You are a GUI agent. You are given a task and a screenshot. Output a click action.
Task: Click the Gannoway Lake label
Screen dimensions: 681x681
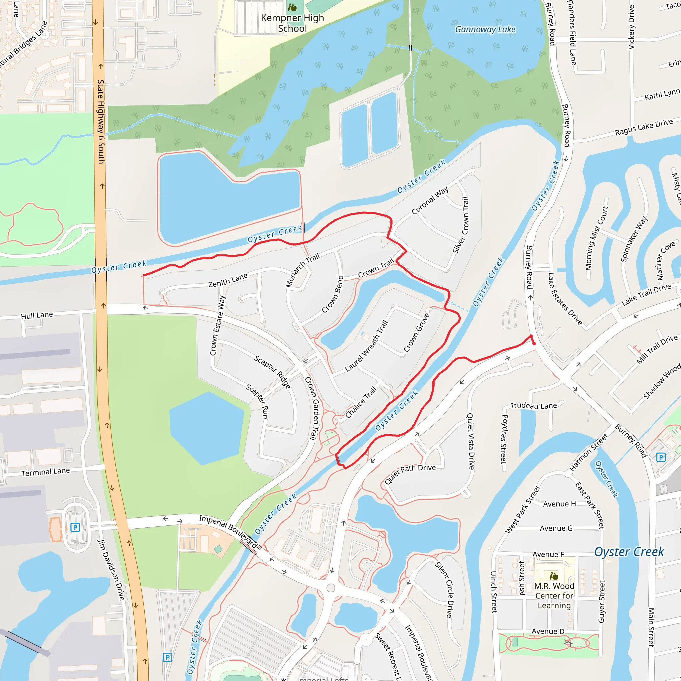[x=485, y=30]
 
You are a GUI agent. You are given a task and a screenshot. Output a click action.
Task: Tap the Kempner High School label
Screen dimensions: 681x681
[x=292, y=23]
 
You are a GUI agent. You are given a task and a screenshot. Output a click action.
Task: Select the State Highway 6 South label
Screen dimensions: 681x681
[x=101, y=122]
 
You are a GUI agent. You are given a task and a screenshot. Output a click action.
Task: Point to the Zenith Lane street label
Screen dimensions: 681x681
[x=228, y=281]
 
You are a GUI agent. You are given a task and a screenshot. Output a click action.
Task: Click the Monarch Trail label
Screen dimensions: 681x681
[x=303, y=270]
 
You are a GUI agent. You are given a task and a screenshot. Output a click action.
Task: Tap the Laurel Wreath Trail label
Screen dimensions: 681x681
[x=366, y=346]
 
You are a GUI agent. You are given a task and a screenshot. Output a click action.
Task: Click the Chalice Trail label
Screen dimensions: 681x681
[x=361, y=402]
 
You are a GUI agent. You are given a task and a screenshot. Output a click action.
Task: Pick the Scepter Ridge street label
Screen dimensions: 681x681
[x=272, y=372]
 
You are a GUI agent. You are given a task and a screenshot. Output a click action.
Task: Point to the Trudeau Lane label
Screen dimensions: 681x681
[x=533, y=406]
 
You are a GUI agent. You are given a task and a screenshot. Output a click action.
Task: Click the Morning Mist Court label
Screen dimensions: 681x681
[x=597, y=238]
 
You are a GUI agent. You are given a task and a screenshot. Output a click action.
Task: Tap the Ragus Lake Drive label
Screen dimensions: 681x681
[x=644, y=127]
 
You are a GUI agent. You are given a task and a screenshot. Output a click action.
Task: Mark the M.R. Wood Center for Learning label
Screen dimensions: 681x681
[x=554, y=595]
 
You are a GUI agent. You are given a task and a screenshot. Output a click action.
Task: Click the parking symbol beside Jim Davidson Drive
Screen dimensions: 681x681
[x=75, y=527]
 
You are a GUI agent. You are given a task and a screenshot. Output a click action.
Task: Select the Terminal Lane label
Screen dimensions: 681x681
[x=46, y=472]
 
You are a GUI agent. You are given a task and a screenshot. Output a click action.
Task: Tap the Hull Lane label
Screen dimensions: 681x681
[x=37, y=315]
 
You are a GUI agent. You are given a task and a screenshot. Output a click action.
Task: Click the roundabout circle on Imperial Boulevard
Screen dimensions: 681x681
[x=331, y=588]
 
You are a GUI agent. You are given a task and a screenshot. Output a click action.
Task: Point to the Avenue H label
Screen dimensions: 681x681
[x=559, y=504]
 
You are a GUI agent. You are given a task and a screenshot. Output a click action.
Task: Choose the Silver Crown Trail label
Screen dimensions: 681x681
[x=461, y=225]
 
